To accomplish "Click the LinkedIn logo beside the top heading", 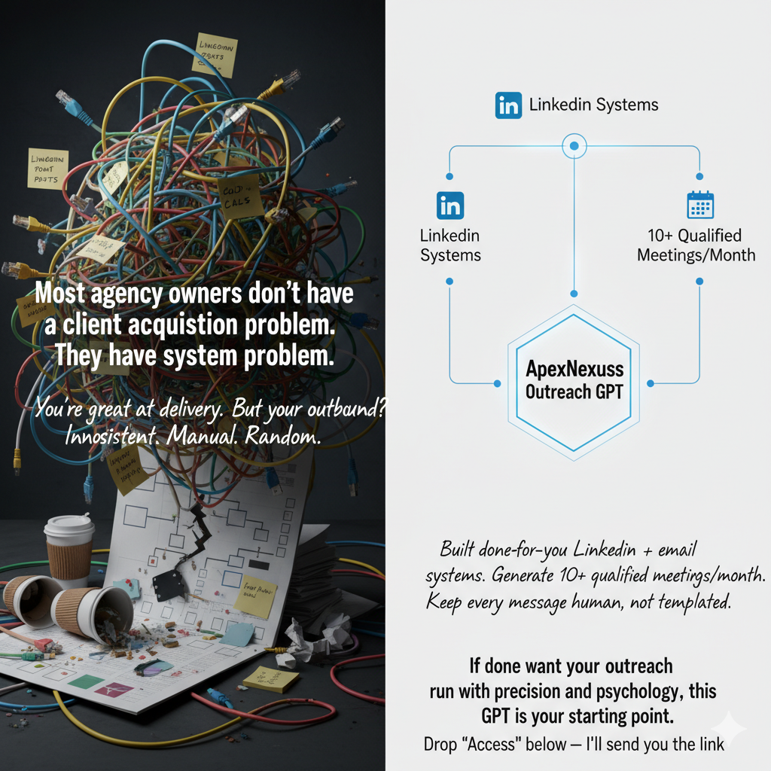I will [x=508, y=105].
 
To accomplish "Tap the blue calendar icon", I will [x=700, y=205].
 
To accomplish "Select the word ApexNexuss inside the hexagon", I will [x=574, y=371].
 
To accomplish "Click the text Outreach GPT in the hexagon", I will [x=574, y=392].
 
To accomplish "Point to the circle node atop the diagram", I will [x=574, y=145].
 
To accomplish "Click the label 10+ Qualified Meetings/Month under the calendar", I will [x=696, y=245].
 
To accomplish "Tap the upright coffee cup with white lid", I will [x=69, y=550].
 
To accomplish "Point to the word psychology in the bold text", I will [x=649, y=691].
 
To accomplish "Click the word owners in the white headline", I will [x=191, y=293].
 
